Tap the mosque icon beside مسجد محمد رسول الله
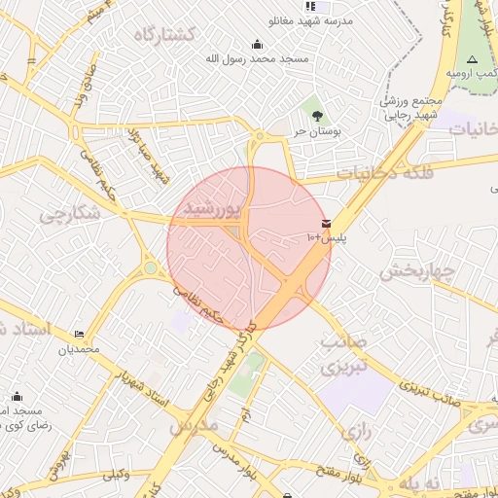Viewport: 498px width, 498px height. pyautogui.click(x=257, y=44)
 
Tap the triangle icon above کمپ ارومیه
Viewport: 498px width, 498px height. pyautogui.click(x=472, y=60)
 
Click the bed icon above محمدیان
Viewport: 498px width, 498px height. pyautogui.click(x=79, y=335)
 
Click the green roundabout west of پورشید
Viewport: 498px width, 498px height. pyautogui.click(x=150, y=267)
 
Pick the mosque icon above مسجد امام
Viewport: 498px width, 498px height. pyautogui.click(x=18, y=396)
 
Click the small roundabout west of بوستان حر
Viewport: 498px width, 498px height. pyautogui.click(x=260, y=136)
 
